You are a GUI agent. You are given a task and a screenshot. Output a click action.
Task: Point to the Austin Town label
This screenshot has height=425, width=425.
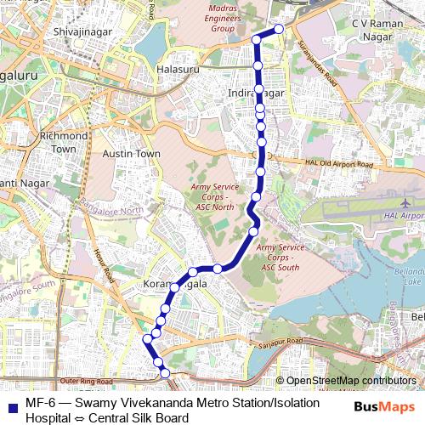click(x=131, y=153)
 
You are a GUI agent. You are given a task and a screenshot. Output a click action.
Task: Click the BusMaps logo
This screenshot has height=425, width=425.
click(x=379, y=407)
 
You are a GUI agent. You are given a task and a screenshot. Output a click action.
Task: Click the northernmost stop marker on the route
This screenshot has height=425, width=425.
click(x=278, y=31)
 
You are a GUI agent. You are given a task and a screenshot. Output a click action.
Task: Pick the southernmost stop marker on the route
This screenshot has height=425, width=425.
click(x=166, y=372)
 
